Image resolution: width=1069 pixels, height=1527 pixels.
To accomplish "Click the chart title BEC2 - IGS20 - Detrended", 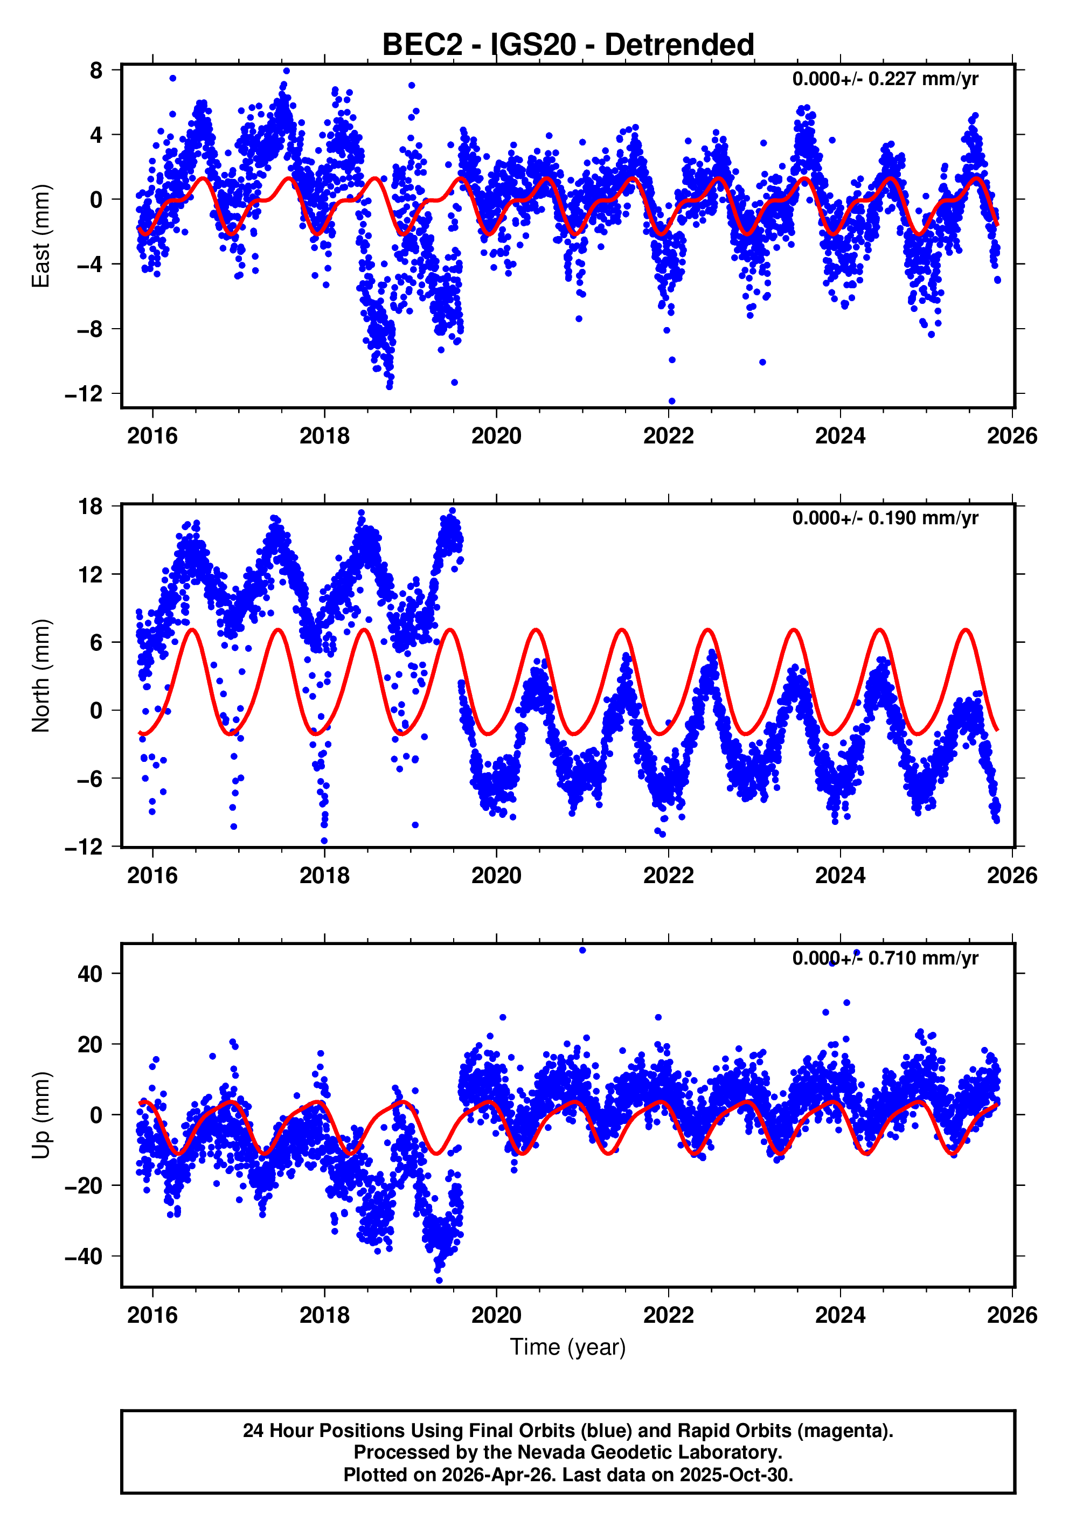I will point(567,45).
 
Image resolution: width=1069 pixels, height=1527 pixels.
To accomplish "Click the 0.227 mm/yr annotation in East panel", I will point(885,79).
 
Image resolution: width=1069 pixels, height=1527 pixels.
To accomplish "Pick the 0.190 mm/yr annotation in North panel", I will point(885,518).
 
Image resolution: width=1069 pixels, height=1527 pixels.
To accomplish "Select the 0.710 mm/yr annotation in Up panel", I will point(885,959).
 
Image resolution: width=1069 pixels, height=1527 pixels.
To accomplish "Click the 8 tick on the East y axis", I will point(96,70).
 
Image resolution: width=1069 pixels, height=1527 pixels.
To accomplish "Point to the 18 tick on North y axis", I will point(91,507).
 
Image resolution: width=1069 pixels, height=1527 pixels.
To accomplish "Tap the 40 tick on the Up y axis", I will point(91,974).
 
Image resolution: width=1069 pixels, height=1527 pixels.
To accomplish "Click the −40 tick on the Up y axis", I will point(84,1257).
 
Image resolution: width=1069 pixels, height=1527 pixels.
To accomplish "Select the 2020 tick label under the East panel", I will point(496,436).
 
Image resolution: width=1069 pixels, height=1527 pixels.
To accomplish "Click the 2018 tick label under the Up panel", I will point(324,1315).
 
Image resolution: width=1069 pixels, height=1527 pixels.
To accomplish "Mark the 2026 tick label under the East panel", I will point(1012,436).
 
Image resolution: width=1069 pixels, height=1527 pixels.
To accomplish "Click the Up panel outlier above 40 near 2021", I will point(583,950).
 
